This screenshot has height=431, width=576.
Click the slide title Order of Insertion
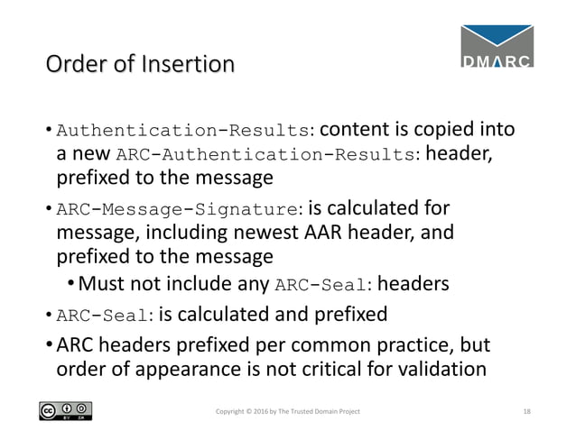click(139, 65)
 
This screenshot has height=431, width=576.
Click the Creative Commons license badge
click(66, 411)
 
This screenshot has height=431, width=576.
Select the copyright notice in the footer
click(288, 411)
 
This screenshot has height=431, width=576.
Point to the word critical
click(330, 370)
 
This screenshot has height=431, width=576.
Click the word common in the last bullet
click(331, 344)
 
